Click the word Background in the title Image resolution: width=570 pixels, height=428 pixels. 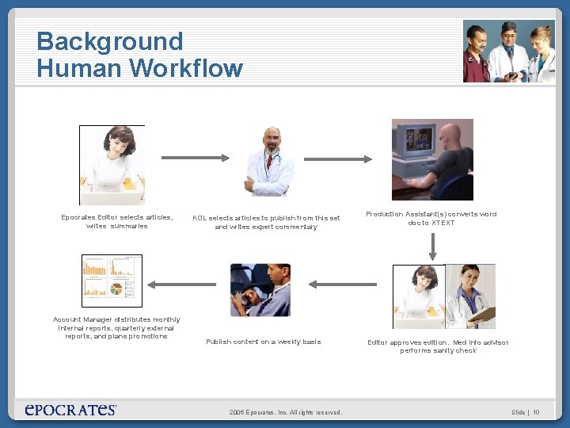109,41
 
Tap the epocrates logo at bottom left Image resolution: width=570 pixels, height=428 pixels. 71,409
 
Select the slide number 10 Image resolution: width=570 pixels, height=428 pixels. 536,412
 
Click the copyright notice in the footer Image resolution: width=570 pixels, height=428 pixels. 285,412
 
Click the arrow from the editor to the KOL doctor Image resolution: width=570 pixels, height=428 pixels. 192,159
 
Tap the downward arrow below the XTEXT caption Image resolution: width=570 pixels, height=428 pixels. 432,246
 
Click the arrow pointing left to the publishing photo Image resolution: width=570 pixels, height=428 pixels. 340,283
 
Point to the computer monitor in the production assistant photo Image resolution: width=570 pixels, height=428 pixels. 412,150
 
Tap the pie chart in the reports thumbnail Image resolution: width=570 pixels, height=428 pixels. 116,289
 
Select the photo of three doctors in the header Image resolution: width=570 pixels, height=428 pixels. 507,51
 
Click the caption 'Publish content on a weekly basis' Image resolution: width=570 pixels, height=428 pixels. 264,342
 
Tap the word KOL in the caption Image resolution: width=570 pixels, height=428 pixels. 199,218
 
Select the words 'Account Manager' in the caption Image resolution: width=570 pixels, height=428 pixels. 82,319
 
